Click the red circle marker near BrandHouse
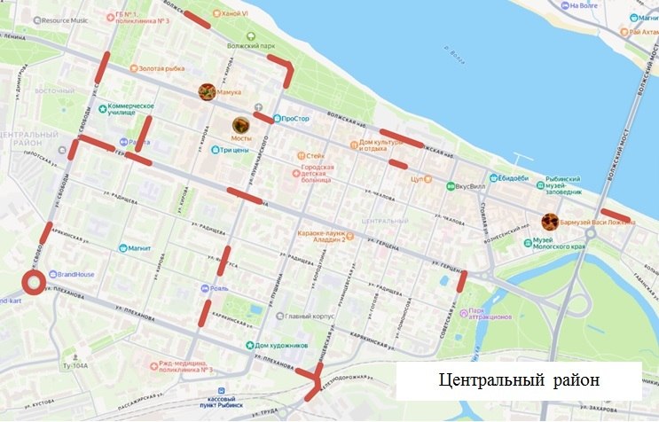click(34, 284)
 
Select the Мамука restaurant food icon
click(207, 90)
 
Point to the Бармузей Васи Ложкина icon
click(550, 221)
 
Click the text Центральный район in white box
click(520, 379)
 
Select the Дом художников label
click(280, 345)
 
